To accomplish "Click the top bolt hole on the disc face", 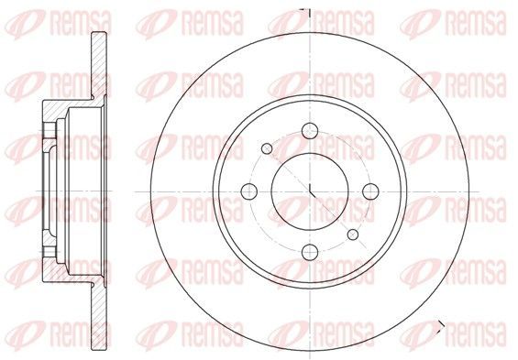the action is click(310, 131).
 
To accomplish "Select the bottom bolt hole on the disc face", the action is click(310, 252).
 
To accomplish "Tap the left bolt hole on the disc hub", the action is click(249, 191).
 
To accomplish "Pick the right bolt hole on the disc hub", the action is click(370, 191).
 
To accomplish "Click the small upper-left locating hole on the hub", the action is click(267, 148).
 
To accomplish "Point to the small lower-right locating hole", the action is click(353, 235).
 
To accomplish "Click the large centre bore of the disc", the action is click(310, 191).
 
